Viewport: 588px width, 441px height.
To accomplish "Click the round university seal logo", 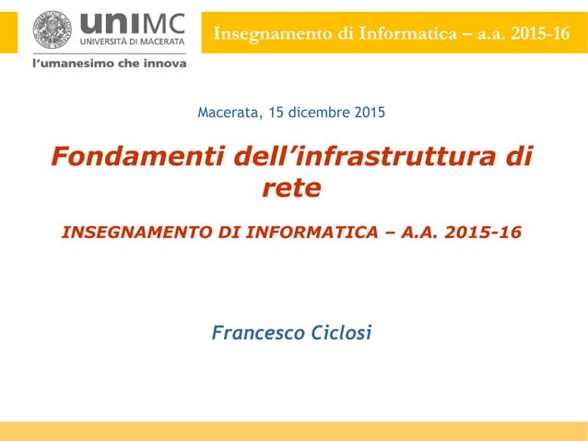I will (x=52, y=30).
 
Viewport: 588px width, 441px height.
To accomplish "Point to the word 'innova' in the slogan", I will (x=161, y=64).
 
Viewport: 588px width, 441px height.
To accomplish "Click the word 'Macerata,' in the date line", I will (x=227, y=113).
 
